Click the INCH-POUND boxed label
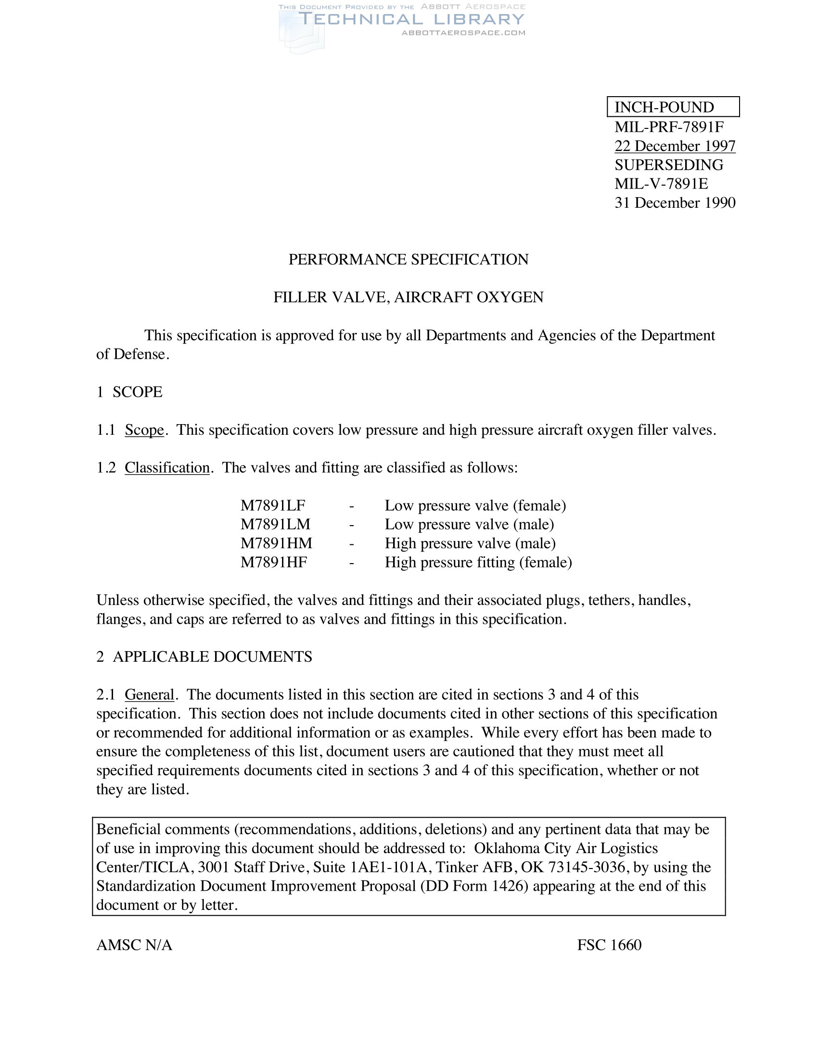(673, 107)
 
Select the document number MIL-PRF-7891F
(669, 127)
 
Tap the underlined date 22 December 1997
(675, 146)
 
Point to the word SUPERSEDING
(669, 164)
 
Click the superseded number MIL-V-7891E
(661, 184)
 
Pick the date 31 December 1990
(675, 202)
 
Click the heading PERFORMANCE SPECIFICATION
(409, 260)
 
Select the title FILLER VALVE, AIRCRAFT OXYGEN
(409, 297)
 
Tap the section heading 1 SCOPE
(129, 392)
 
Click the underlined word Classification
(167, 467)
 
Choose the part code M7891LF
(273, 506)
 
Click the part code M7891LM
(275, 525)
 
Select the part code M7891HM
(276, 543)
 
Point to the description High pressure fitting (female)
(478, 563)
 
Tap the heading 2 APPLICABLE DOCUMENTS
(204, 657)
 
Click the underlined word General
(149, 695)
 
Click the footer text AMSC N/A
(134, 945)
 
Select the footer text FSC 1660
(609, 945)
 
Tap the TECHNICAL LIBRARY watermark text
(411, 19)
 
